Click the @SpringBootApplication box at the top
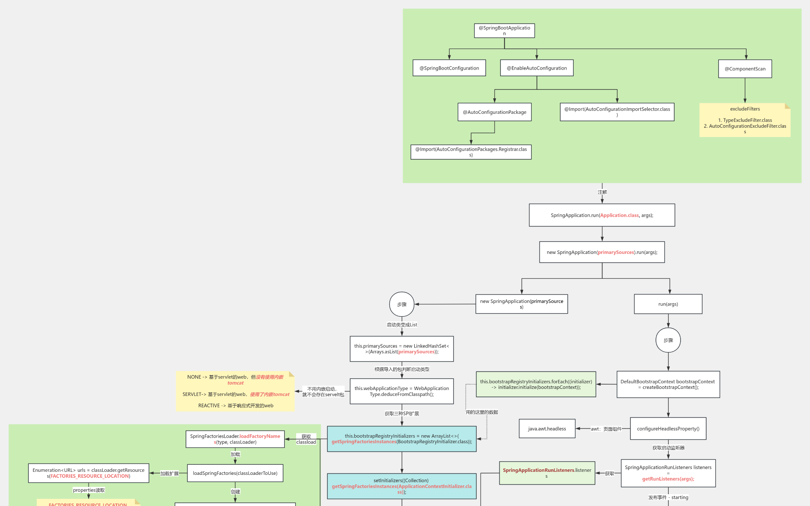504,30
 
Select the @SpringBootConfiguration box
449,68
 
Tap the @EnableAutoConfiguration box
537,68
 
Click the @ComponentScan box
745,69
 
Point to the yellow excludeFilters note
745,120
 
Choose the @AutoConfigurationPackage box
494,112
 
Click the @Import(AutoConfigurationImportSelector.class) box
617,112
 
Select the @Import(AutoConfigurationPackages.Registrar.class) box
471,152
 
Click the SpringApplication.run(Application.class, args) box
602,215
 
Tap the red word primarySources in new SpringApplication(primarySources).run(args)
616,252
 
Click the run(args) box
668,304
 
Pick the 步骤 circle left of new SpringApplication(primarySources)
402,304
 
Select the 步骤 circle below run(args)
668,340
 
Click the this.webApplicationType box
402,391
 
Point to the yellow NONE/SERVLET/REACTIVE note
235,391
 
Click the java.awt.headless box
547,428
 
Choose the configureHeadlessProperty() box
668,428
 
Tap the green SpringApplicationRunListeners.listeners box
547,473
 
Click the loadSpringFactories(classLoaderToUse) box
235,473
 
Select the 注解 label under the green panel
602,192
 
